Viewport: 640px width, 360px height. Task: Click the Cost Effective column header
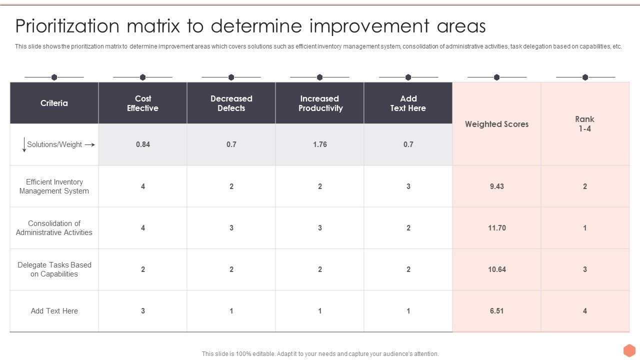point(142,103)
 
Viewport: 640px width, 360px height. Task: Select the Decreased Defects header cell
point(231,103)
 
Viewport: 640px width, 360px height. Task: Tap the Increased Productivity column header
point(320,103)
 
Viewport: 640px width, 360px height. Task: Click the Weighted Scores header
point(496,124)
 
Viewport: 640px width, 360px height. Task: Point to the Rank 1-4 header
point(584,124)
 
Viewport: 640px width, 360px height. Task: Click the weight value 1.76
point(320,144)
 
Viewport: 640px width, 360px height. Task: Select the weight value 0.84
point(143,144)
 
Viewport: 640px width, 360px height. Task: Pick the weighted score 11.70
point(496,228)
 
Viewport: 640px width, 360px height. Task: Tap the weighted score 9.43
point(496,186)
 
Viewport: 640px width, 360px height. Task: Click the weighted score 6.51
point(496,311)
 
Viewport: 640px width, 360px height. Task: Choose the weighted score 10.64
point(496,269)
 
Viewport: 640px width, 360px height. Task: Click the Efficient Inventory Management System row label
point(54,186)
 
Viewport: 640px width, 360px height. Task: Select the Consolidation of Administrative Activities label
point(54,228)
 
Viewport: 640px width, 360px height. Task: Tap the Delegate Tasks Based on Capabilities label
point(54,269)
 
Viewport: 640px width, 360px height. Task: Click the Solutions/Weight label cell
point(54,144)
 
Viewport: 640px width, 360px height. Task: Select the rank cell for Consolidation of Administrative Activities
point(584,228)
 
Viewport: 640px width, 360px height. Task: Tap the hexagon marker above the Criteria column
point(54,77)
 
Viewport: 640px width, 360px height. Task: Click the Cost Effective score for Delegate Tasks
point(143,269)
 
